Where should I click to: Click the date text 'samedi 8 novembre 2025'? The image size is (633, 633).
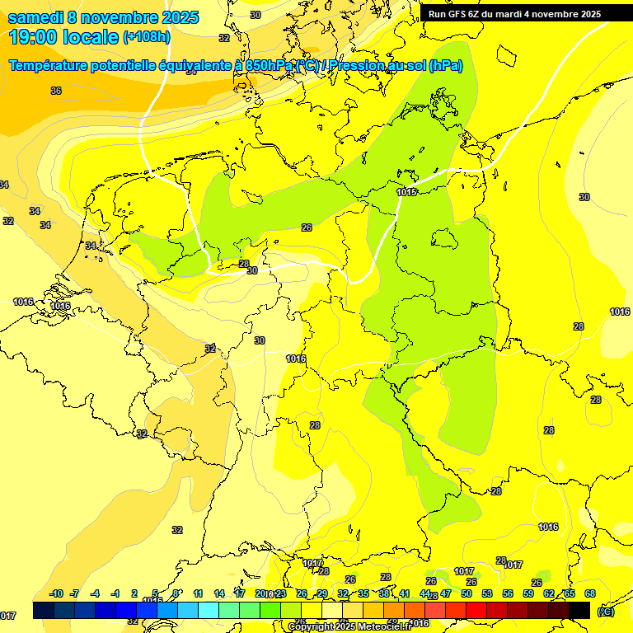click(103, 17)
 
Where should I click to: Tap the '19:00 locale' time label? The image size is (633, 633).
click(63, 37)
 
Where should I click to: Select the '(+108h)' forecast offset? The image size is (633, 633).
click(147, 37)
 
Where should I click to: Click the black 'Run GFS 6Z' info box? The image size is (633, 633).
click(526, 13)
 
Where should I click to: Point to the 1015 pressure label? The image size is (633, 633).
click(406, 192)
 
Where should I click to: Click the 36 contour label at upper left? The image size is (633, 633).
click(56, 91)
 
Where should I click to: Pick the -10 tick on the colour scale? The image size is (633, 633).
click(57, 593)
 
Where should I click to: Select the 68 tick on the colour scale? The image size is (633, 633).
click(590, 593)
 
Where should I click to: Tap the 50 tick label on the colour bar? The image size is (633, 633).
click(467, 593)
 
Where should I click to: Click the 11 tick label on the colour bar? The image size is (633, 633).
click(199, 593)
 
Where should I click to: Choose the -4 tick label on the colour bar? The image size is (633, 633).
click(95, 593)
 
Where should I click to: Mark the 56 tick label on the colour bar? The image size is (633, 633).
click(508, 593)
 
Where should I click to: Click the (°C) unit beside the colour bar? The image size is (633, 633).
click(606, 612)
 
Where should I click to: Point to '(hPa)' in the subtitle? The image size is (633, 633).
click(446, 66)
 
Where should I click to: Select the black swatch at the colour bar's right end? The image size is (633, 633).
click(579, 610)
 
